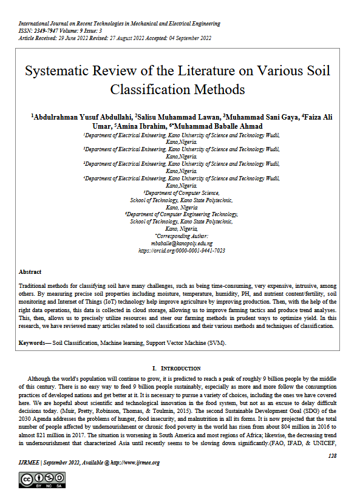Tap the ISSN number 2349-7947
click(x=49, y=31)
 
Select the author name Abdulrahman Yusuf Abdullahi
click(x=83, y=117)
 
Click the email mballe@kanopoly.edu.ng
click(x=182, y=243)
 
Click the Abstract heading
click(x=30, y=272)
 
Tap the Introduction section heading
click(x=180, y=368)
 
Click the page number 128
click(x=332, y=455)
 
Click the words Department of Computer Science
click(x=182, y=192)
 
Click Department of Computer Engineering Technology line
click(x=182, y=214)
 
